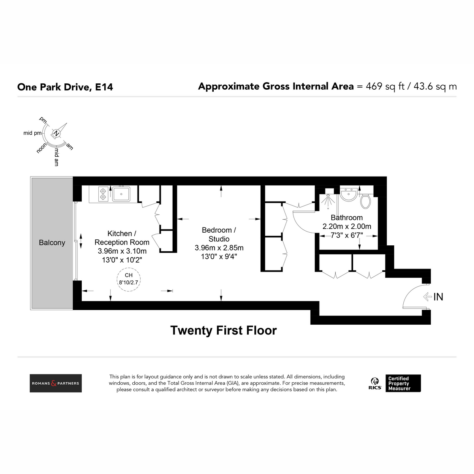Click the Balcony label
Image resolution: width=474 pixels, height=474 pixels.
pos(52,243)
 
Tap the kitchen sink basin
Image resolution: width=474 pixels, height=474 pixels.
pos(121,194)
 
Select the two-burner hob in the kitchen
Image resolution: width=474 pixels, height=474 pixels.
pos(103,194)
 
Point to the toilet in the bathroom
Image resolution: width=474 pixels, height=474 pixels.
pos(365,201)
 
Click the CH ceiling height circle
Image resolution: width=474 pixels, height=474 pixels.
pos(129,279)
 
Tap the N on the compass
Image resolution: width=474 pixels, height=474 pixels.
pos(56,134)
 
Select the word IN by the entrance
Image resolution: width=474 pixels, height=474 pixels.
pos(438,297)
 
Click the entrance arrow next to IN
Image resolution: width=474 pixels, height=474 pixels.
pos(427,297)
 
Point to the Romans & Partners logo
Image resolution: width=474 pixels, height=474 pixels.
pos(56,383)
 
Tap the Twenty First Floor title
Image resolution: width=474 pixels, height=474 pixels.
pos(224,330)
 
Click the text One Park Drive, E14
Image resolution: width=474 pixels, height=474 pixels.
pos(65,87)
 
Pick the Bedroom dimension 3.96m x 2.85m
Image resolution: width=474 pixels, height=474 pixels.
pos(219,248)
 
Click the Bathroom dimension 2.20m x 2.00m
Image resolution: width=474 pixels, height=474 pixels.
pos(347,226)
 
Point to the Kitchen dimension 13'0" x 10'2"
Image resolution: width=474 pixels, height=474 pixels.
pos(122,260)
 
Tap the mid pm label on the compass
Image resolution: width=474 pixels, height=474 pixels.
pos(32,134)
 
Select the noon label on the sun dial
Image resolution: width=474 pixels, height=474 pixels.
pos(41,148)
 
